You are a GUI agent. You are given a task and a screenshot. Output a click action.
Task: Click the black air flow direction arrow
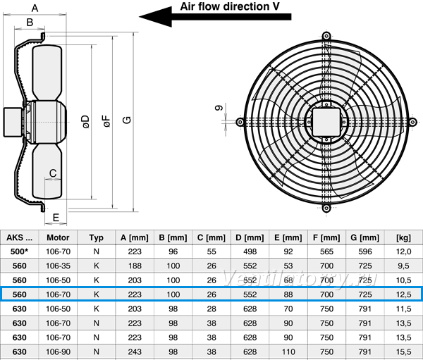click(x=215, y=17)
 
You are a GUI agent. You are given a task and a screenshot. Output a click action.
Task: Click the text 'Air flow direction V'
click(x=230, y=6)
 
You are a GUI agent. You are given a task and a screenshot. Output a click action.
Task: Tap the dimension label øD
click(x=86, y=122)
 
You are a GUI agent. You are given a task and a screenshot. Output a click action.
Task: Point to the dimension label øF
click(x=107, y=121)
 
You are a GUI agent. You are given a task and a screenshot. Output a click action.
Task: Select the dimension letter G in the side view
click(x=127, y=120)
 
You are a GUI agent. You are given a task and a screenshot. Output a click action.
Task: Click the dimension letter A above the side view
click(x=35, y=8)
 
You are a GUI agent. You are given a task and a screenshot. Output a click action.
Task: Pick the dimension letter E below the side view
click(x=56, y=218)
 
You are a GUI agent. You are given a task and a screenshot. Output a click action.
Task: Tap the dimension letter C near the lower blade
click(x=53, y=173)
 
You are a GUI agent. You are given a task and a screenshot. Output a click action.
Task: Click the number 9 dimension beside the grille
click(x=219, y=108)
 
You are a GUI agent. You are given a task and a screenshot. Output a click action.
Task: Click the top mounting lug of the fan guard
click(x=326, y=36)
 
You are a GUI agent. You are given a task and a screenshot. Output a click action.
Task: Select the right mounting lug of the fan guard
click(x=412, y=122)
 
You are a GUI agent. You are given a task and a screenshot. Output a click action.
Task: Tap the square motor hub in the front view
click(x=326, y=122)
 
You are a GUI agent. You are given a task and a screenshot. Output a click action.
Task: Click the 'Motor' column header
click(x=58, y=237)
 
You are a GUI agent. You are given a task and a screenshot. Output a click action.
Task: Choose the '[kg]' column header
click(x=403, y=237)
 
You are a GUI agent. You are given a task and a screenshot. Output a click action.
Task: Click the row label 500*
click(x=20, y=252)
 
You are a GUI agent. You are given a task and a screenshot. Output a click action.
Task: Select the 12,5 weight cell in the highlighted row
click(x=403, y=294)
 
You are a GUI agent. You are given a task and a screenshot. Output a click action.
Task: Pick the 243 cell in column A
click(x=135, y=352)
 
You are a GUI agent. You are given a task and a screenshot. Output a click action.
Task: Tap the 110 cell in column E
click(x=288, y=352)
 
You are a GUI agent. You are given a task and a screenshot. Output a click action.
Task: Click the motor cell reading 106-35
click(x=58, y=266)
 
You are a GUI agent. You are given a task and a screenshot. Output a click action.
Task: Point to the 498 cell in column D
click(x=250, y=252)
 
